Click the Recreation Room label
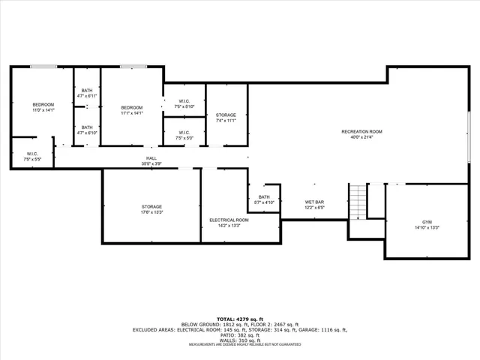click(361, 132)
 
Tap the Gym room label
click(427, 222)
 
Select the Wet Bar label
click(313, 202)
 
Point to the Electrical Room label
click(224, 220)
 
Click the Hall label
click(151, 159)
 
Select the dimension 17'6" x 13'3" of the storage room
click(151, 212)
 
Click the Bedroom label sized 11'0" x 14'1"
click(43, 104)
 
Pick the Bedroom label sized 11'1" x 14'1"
click(132, 108)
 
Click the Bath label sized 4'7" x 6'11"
click(87, 91)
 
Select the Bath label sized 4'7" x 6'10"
click(87, 127)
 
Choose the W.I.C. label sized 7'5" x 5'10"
click(184, 102)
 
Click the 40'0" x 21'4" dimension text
click(361, 137)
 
